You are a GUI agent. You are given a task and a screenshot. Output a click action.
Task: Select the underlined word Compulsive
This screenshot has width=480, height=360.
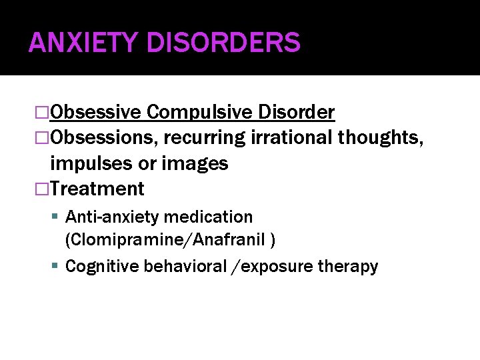202,112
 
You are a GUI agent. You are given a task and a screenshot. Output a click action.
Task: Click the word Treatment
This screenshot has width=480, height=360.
97,189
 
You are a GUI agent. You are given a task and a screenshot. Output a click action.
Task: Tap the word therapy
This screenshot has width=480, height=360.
347,267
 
